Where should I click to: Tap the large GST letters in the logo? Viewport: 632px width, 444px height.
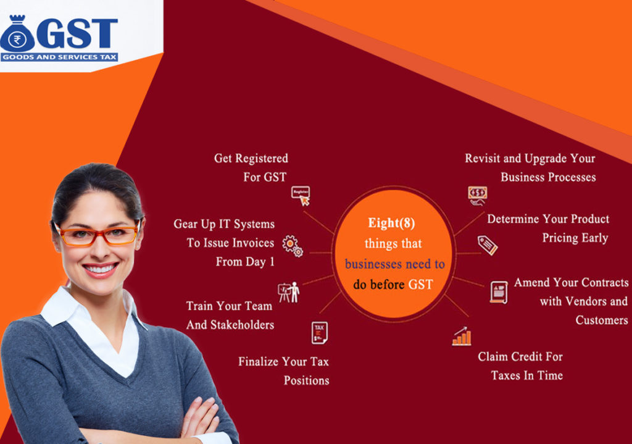(77, 35)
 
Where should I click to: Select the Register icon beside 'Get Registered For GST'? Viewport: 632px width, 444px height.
(300, 195)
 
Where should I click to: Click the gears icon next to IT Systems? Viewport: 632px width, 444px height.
(293, 246)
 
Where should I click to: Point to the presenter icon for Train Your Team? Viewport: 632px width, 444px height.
(288, 292)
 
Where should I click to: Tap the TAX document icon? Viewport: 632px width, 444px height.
(319, 332)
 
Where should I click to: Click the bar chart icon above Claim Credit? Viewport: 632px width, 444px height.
(462, 336)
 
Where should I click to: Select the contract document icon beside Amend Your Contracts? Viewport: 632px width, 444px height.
(499, 291)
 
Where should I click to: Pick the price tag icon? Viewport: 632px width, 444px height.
(487, 245)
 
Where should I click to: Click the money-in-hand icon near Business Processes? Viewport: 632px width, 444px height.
(477, 195)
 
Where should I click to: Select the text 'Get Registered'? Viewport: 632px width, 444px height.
(251, 159)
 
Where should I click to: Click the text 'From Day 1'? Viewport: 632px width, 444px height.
(245, 262)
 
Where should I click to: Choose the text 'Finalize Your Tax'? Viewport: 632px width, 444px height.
(283, 362)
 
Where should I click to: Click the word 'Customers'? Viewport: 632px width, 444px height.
(601, 320)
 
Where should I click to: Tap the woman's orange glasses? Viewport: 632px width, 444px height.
(97, 235)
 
